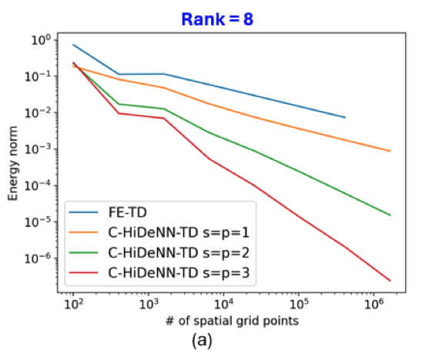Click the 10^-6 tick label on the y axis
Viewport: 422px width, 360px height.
click(38, 258)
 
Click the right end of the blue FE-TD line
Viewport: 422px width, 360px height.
click(345, 118)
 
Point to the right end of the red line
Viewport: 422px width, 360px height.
click(390, 281)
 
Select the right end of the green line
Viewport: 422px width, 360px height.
click(390, 215)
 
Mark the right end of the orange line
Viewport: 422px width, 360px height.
click(390, 152)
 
